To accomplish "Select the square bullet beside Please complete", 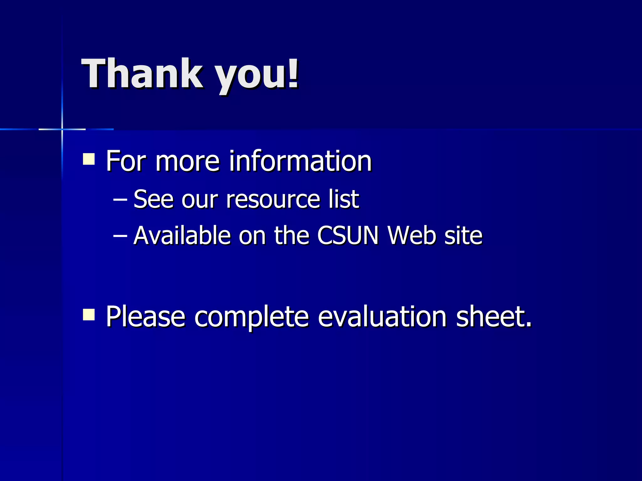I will coord(89,314).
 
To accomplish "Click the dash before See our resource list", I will coord(120,199).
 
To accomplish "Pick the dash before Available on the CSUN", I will coord(120,235).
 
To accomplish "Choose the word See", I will coord(153,199).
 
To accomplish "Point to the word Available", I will coord(182,235).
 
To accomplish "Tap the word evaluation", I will coord(382,317).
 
